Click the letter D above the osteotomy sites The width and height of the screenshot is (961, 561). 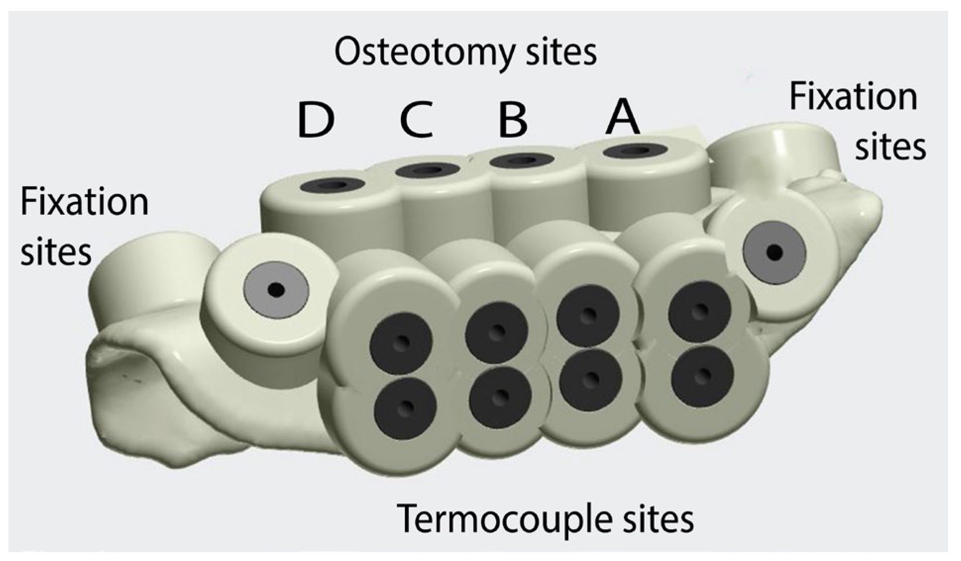pos(316,120)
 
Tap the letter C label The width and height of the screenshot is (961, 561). pos(416,119)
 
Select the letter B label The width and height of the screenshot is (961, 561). pos(513,120)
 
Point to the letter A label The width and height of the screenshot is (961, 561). pos(622,118)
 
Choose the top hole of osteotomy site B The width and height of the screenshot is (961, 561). pos(521,160)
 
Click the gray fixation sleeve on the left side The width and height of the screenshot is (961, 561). pos(276,290)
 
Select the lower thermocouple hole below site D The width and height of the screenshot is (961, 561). pos(405,408)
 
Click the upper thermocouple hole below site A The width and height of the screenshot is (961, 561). pos(699,311)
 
